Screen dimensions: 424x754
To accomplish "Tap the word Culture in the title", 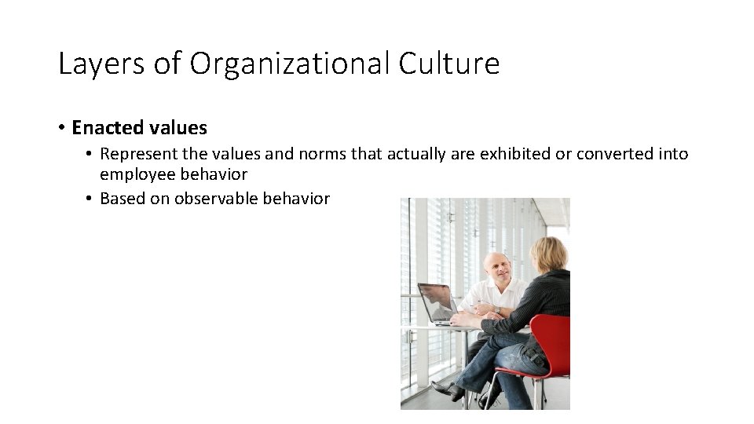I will tap(448, 64).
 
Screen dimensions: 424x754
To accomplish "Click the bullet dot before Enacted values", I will tap(61, 127).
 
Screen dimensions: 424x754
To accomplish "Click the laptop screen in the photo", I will tap(437, 302).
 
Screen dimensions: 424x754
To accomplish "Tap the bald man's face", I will tap(496, 272).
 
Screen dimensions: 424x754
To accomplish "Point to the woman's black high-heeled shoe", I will tap(446, 389).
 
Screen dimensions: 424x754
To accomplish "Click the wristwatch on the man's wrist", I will tap(497, 309).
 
